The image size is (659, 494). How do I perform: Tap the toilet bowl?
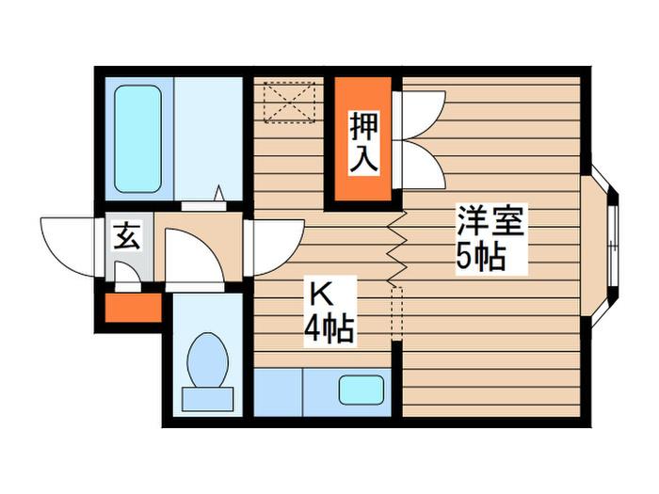coord(206,359)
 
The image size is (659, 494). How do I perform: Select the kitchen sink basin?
coord(361,390)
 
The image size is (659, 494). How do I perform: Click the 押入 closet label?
coord(363,143)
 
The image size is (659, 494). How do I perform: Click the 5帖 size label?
coord(481,257)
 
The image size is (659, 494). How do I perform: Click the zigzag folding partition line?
coord(397,247)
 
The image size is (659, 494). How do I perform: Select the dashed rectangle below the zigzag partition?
coord(396,311)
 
